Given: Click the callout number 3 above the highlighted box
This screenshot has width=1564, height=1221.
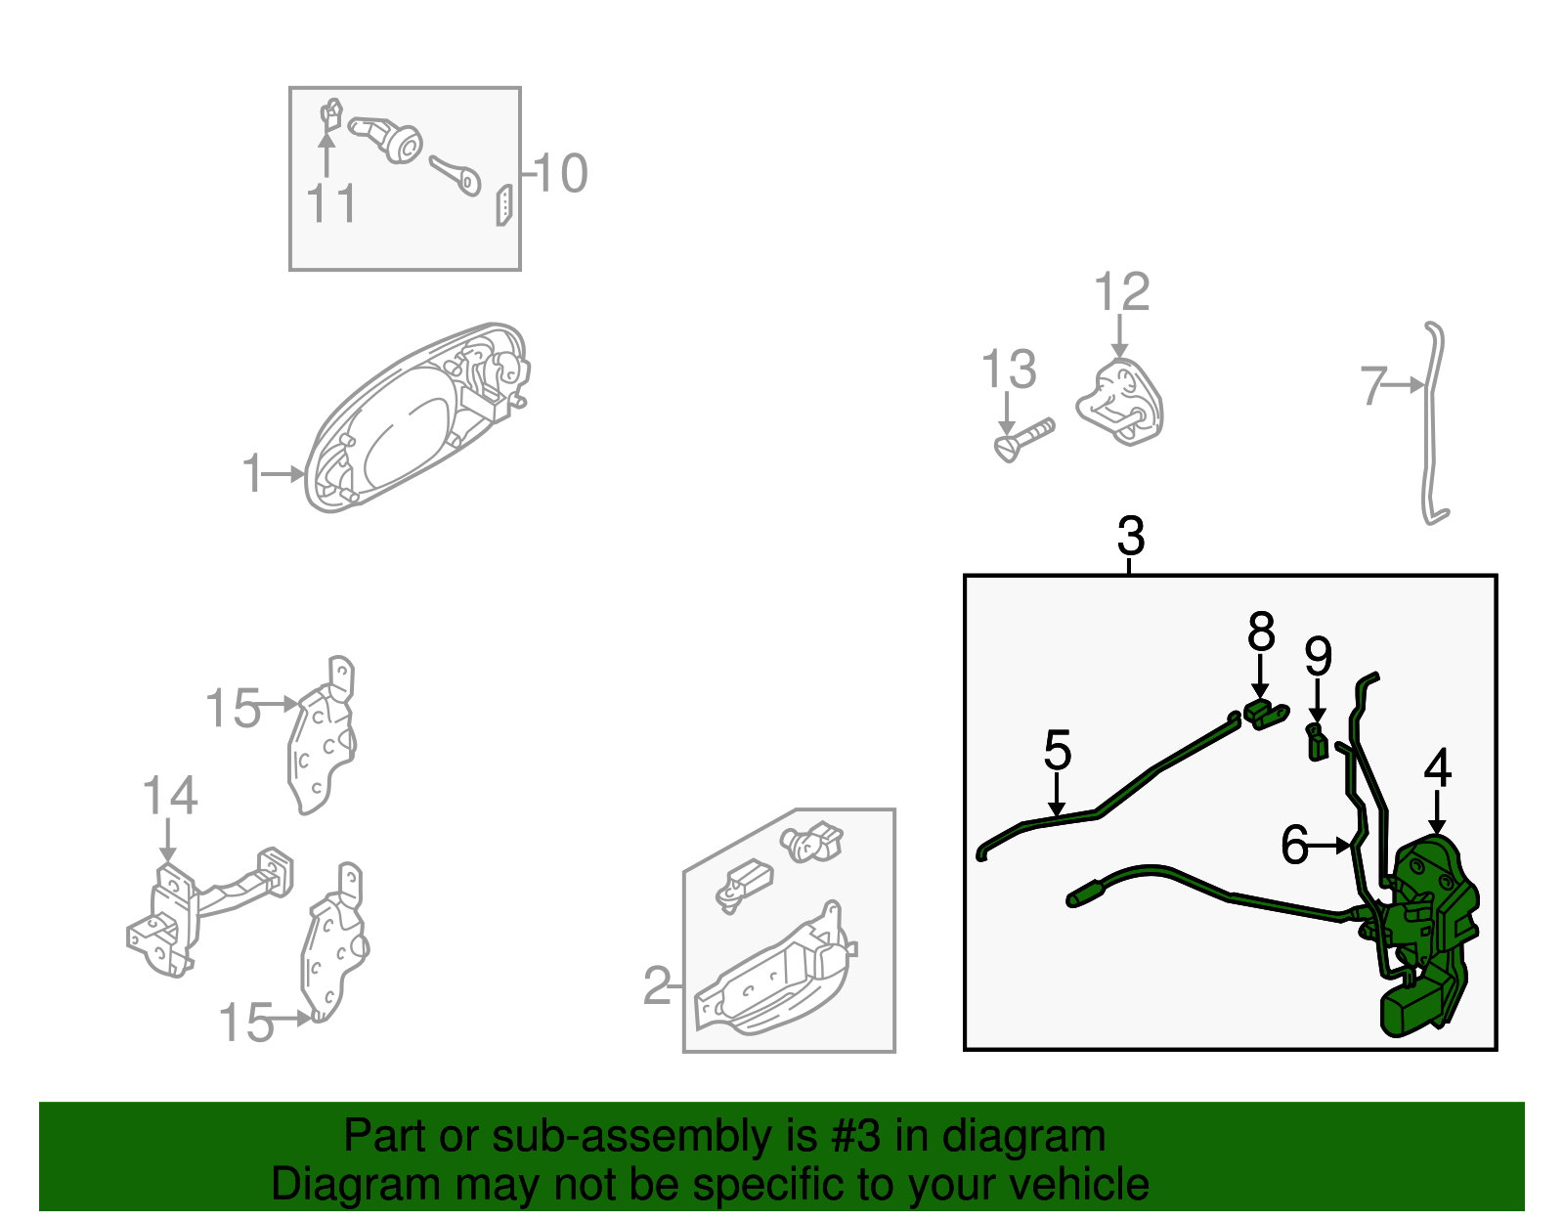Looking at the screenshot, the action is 1131,536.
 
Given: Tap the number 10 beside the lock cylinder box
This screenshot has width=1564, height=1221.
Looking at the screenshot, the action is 561,173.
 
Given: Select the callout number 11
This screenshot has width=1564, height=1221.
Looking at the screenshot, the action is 331,203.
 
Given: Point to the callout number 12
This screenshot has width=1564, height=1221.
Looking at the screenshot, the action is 1122,292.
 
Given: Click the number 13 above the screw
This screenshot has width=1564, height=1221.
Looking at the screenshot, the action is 1009,370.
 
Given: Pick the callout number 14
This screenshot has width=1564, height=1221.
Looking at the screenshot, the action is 170,796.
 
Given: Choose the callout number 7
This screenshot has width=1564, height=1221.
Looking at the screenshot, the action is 1373,386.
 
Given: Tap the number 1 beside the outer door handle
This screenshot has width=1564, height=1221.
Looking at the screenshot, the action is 252,473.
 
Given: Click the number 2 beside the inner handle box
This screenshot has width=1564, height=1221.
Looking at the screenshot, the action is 657,985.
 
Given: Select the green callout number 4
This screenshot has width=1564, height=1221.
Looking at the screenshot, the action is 1437,767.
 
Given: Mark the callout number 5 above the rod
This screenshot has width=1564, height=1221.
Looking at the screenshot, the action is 1058,750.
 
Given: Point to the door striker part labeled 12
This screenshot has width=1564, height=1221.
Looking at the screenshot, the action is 1120,402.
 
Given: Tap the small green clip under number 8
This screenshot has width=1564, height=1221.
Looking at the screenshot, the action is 1266,715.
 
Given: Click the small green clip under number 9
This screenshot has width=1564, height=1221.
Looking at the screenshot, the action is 1317,743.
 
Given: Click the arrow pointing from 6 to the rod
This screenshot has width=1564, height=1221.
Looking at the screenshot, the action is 1330,846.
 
